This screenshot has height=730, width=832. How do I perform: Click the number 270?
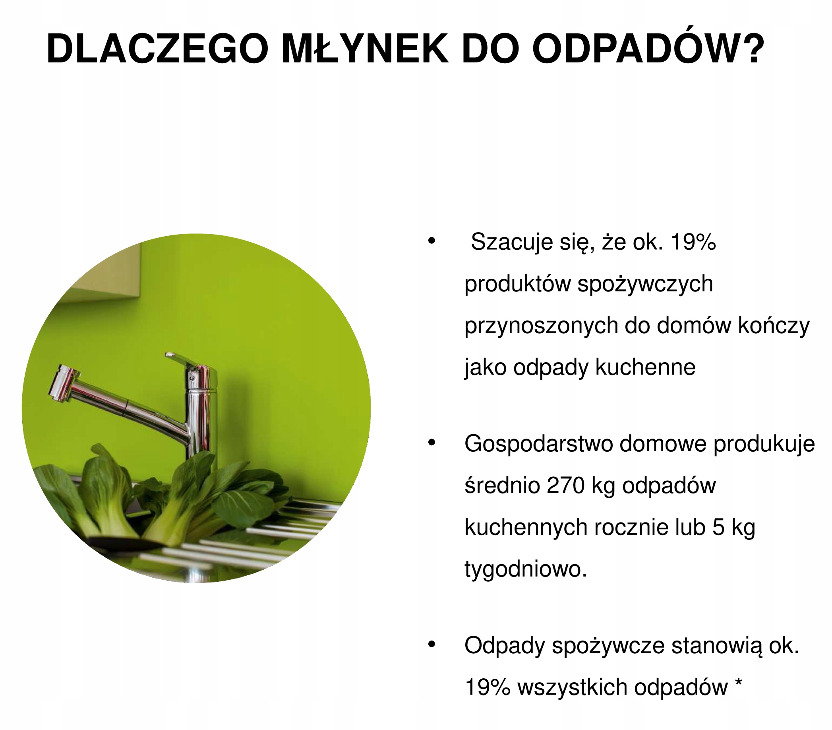(565, 485)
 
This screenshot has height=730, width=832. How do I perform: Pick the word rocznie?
(631, 527)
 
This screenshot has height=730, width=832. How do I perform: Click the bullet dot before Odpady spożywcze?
(432, 645)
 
